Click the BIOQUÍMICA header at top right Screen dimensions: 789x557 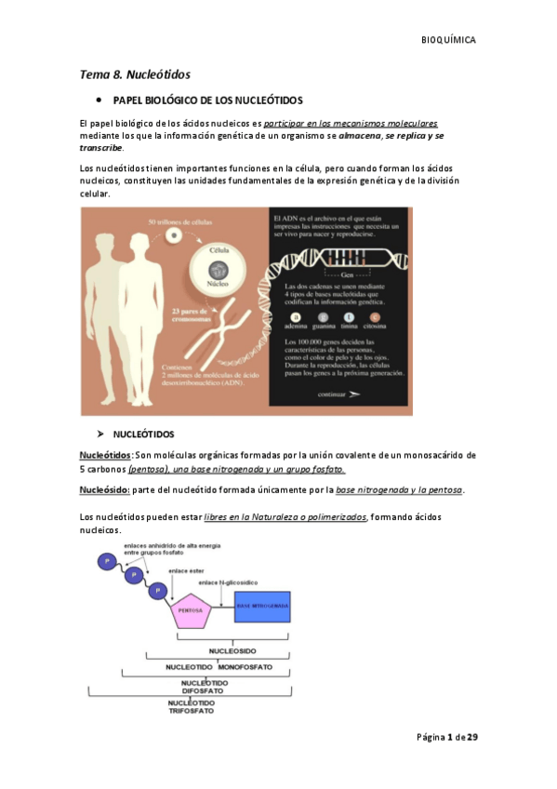tap(449, 40)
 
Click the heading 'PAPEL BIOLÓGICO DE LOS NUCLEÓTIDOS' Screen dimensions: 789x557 tap(207, 100)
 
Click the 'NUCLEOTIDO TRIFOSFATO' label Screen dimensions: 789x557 tap(191, 706)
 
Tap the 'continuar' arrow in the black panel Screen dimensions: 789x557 tap(338, 394)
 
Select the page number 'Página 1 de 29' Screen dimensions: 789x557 tap(446, 737)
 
